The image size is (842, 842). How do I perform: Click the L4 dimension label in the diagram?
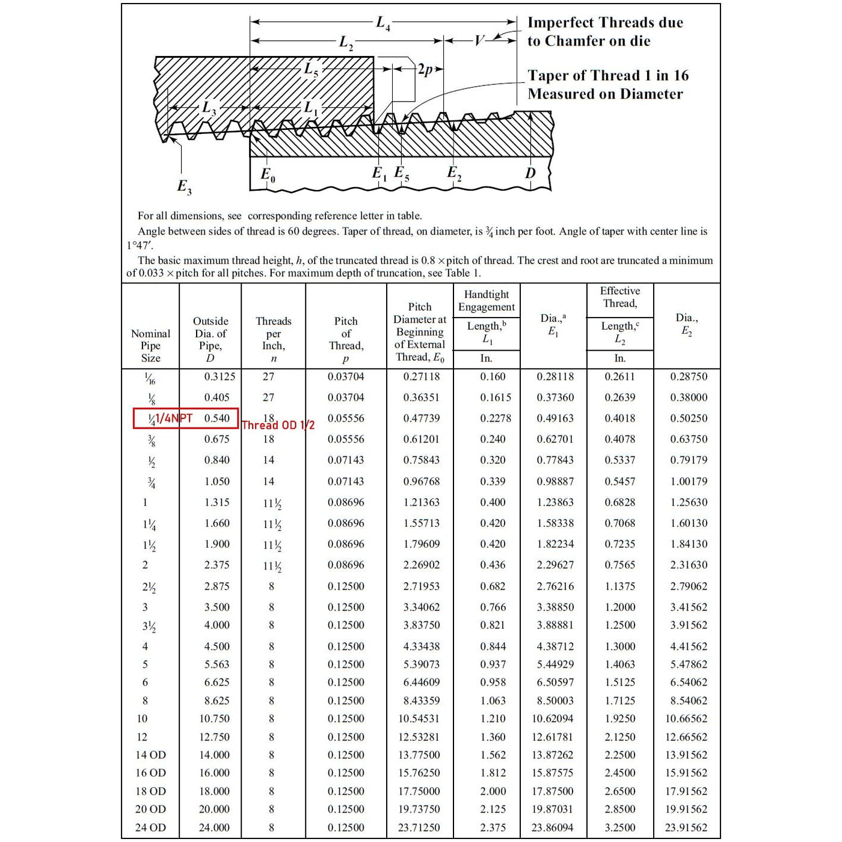coord(383,23)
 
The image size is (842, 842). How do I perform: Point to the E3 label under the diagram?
coord(184,186)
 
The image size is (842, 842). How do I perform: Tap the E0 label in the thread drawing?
coord(268,175)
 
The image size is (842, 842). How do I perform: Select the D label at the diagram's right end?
coord(530,173)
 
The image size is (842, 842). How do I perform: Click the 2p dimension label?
coord(425,70)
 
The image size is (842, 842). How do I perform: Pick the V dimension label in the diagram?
coord(479,41)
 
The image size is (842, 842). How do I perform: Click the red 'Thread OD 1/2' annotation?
coord(278,425)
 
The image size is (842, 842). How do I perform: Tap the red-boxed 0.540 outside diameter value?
coord(217,418)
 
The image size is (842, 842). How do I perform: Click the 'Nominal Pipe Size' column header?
coord(150,345)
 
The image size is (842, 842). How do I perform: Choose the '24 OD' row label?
coord(150,828)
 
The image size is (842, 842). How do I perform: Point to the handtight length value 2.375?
coord(493,828)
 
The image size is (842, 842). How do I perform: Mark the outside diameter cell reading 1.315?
coord(217,502)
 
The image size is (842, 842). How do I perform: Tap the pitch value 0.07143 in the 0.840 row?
coord(346,460)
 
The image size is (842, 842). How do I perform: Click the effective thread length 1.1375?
coord(619,586)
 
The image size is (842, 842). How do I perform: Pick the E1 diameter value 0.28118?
coord(555,376)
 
